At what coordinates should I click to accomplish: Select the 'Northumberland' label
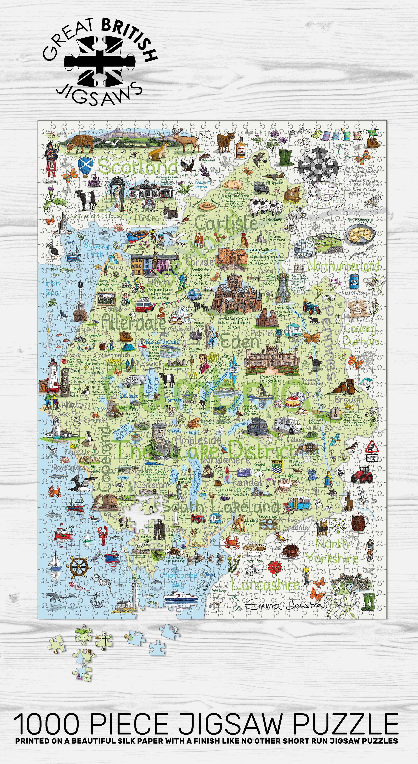click(x=344, y=266)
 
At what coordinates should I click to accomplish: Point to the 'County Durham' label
click(x=360, y=335)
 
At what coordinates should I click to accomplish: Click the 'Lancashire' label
click(x=265, y=585)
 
